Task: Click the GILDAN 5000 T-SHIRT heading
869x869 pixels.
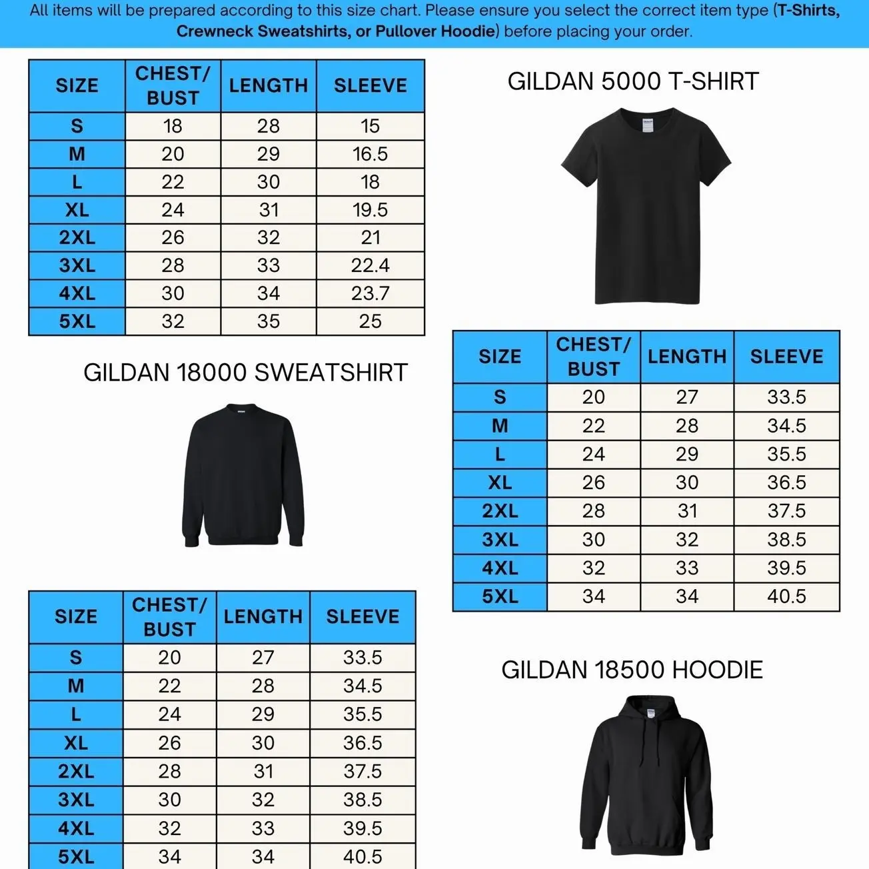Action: pos(633,82)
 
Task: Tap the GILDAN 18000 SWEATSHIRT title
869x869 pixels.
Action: pos(245,373)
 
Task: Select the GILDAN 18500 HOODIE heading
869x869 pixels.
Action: pos(632,670)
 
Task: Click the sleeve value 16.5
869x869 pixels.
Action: pos(370,154)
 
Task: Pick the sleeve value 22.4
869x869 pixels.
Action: pos(370,265)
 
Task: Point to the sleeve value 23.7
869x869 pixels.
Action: pos(370,293)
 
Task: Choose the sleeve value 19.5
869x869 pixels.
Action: pos(370,210)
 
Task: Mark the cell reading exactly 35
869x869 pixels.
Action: pos(269,321)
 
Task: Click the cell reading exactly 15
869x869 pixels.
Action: pos(370,126)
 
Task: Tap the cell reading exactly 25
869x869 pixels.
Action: pos(370,321)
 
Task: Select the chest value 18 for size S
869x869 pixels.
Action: pos(173,126)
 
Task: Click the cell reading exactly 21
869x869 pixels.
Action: pos(370,237)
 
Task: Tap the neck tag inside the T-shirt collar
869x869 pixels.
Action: pos(648,125)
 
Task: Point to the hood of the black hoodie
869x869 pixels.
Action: pos(646,710)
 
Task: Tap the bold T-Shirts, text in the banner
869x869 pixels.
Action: pos(808,11)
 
